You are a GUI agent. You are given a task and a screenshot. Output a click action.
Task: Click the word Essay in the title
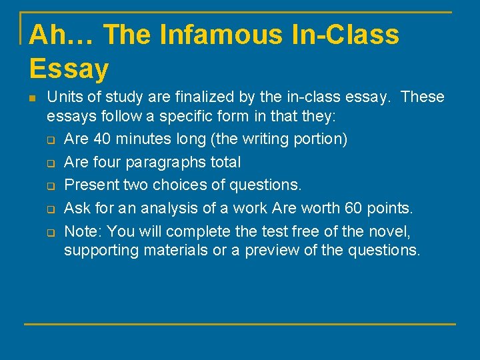pos(69,68)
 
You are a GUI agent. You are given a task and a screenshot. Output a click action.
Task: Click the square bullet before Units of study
pos(31,98)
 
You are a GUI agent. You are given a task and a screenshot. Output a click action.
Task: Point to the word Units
pos(63,97)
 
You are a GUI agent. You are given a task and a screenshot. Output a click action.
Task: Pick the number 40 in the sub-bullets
pos(103,139)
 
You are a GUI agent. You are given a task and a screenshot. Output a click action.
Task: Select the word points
pos(390,208)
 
